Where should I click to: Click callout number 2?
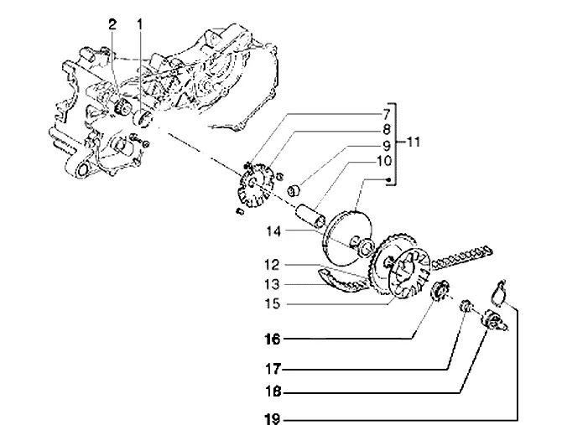coord(112,24)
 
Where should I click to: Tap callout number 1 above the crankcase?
coord(139,24)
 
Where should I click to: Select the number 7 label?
coord(386,115)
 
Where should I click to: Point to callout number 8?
coord(386,129)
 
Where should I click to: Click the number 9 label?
coord(386,146)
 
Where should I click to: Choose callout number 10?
coord(384,161)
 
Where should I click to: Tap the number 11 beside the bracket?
coord(414,142)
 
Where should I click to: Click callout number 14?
coord(273,231)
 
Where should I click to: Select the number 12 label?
coord(272,265)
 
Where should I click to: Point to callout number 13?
coord(272,284)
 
